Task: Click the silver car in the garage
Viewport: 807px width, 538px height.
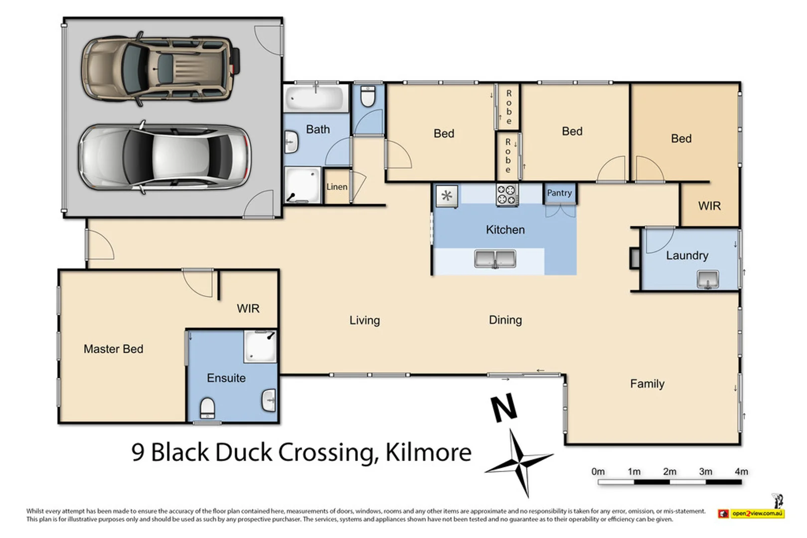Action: pyautogui.click(x=164, y=157)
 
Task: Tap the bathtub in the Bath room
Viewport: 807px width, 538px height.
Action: pyautogui.click(x=316, y=98)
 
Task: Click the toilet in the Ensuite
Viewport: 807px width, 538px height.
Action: pyautogui.click(x=207, y=408)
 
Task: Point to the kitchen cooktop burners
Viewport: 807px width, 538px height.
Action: pyautogui.click(x=507, y=194)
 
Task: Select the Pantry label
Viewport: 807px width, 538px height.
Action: pyautogui.click(x=559, y=193)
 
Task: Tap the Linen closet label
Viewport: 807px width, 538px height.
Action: pyautogui.click(x=336, y=187)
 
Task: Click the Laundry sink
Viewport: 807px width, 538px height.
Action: pyautogui.click(x=707, y=279)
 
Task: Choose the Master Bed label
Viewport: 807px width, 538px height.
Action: pyautogui.click(x=113, y=349)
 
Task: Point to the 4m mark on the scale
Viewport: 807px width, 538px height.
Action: pyautogui.click(x=741, y=471)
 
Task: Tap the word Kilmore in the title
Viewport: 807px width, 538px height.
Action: pyautogui.click(x=428, y=452)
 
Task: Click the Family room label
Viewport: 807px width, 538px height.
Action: pyautogui.click(x=647, y=384)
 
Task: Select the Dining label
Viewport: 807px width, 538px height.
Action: pyautogui.click(x=505, y=320)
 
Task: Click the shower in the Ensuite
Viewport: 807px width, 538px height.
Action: pyautogui.click(x=260, y=346)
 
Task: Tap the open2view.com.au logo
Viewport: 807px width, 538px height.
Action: pyautogui.click(x=751, y=513)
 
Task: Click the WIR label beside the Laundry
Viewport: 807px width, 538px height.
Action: pyautogui.click(x=709, y=206)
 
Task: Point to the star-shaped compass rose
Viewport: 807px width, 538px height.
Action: pyautogui.click(x=520, y=463)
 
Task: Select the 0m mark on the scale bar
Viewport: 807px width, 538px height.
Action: pyautogui.click(x=598, y=471)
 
